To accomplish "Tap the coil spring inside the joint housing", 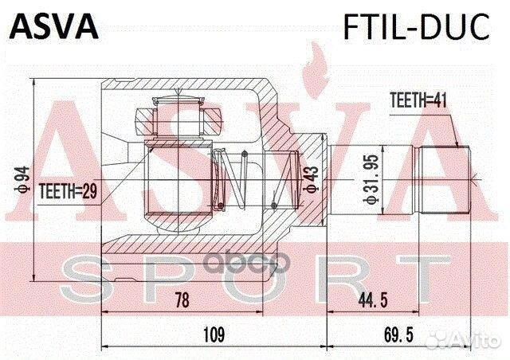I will [232, 178].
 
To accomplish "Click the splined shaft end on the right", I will [445, 179].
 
